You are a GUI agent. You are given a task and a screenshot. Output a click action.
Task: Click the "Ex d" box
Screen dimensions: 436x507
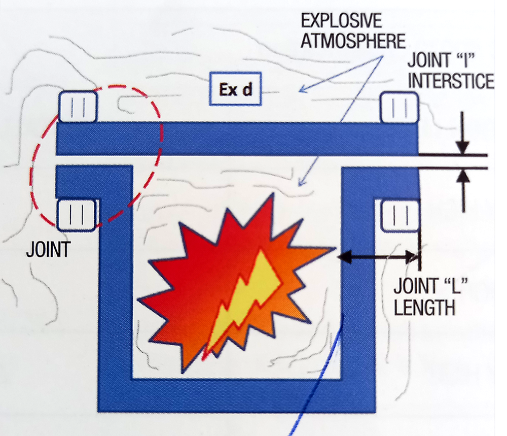tap(235, 91)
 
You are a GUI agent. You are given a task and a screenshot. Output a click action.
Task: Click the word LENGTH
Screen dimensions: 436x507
tap(424, 307)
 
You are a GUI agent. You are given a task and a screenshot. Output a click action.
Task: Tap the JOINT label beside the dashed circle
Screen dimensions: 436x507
tap(49, 250)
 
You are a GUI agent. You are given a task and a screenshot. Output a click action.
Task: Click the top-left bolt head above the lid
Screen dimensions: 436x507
tap(78, 106)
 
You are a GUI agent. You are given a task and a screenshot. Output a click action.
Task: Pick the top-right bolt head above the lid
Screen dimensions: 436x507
tap(399, 107)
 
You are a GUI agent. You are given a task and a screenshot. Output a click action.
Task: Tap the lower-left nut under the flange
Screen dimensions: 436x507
tap(78, 215)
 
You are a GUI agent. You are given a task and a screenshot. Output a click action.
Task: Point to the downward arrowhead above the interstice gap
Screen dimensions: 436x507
tap(462, 147)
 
